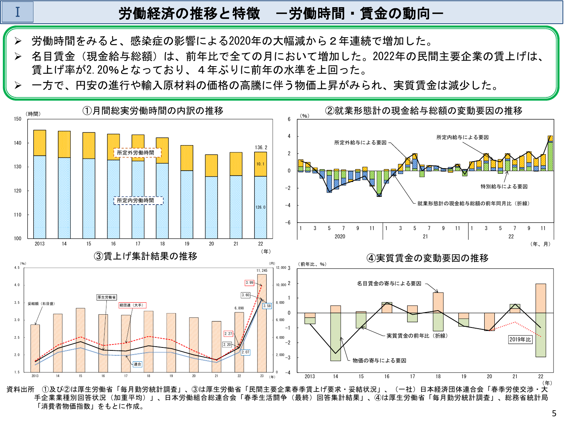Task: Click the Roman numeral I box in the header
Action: pos(18,12)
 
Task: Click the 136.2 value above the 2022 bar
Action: pos(261,147)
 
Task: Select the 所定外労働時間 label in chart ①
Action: pos(135,153)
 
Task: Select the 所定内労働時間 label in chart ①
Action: pos(135,200)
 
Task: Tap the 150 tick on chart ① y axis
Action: pos(18,119)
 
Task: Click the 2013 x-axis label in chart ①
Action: pos(39,244)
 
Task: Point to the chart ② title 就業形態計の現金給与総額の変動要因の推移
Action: pos(424,111)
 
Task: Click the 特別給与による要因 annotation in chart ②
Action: pos(504,186)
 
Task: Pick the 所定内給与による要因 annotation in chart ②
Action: pos(462,137)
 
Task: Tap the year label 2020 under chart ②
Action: pos(340,237)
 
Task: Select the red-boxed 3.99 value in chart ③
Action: pos(249,282)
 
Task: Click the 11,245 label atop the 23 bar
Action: pos(262,270)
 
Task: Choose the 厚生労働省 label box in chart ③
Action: pos(107,297)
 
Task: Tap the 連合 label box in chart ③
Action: pos(138,364)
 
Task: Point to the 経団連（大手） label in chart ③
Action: pos(131,305)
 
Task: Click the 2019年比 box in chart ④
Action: pos(520,340)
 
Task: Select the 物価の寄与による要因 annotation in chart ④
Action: pos(379,361)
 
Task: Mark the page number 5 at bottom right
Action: pos(554,414)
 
